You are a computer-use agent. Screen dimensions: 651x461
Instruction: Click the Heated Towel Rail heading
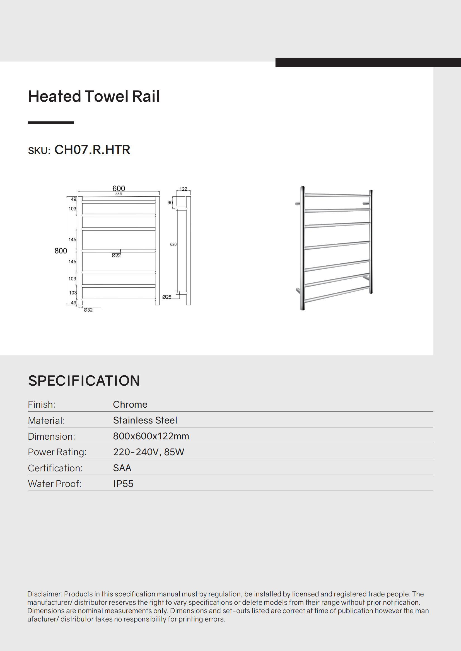[94, 96]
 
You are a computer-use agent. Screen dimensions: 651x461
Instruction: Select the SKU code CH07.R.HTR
[92, 150]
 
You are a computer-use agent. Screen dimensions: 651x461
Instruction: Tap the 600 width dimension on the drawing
[119, 188]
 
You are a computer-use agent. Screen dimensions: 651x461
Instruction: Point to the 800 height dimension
[61, 251]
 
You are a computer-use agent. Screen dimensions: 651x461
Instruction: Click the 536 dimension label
[119, 194]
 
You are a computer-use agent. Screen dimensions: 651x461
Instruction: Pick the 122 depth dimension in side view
[183, 189]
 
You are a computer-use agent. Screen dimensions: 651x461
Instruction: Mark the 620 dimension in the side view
[173, 244]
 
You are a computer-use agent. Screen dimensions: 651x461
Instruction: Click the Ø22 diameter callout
[116, 256]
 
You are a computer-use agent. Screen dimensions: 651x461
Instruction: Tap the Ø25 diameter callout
[167, 297]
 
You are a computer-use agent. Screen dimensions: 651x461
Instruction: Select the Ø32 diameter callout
[88, 310]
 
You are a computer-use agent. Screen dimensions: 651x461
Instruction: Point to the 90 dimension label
[170, 203]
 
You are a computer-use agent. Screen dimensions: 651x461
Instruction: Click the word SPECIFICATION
[84, 381]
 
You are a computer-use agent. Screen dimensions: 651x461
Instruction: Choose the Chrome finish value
[130, 404]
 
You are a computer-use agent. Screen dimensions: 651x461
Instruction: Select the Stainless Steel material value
[145, 420]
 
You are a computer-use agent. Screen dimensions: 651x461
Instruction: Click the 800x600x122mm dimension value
[151, 436]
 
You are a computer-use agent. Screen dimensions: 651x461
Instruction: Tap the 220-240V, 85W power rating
[149, 452]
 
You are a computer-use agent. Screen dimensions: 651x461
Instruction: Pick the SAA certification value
[122, 468]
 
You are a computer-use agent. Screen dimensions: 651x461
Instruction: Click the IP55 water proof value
[123, 484]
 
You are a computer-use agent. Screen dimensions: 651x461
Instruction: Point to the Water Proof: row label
[55, 484]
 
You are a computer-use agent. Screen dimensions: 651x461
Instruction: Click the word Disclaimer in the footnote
[45, 594]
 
